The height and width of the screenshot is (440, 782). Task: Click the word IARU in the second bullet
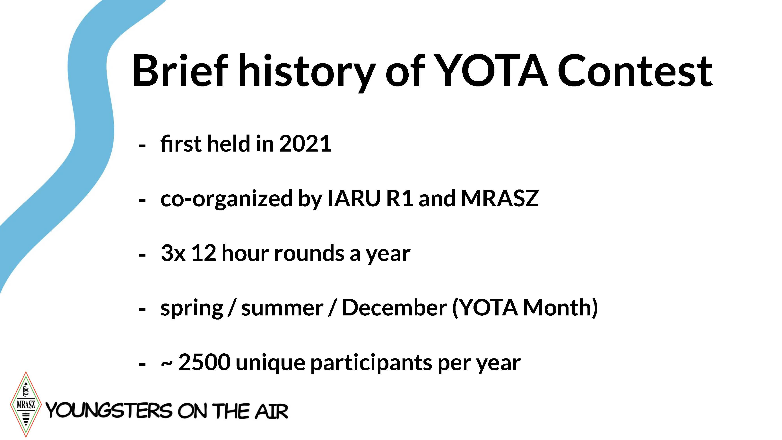tap(354, 198)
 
